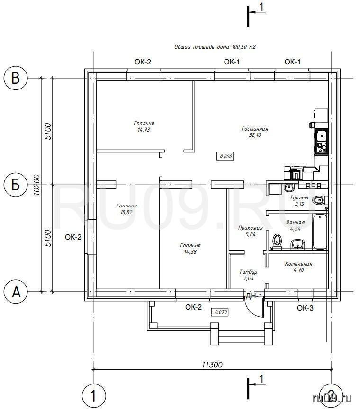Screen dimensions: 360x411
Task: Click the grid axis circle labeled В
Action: pos(16,78)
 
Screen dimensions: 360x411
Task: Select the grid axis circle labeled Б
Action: pos(16,185)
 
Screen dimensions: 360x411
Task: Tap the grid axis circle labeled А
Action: pos(16,292)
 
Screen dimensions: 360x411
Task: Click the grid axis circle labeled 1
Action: pos(94,396)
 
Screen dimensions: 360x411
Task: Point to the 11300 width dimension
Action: pos(212,365)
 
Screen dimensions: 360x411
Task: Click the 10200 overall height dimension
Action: pos(37,185)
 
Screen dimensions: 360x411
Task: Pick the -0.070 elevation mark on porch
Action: pos(219,312)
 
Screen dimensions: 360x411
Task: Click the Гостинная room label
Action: pos(254,129)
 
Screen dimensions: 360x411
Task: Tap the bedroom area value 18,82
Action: pos(126,212)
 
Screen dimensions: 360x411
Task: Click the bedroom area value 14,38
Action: pos(190,252)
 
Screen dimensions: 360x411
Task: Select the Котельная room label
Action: pos(298,264)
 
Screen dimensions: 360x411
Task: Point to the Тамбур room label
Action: pos(248,272)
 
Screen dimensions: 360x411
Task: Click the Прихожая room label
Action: pos(251,228)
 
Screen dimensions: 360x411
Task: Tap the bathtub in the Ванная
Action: pos(320,232)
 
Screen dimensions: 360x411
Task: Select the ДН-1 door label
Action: pos(254,296)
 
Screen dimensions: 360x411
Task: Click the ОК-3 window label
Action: pos(305,308)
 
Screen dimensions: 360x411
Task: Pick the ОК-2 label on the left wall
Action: pos(73,237)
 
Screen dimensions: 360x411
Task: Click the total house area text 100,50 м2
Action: pos(243,47)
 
